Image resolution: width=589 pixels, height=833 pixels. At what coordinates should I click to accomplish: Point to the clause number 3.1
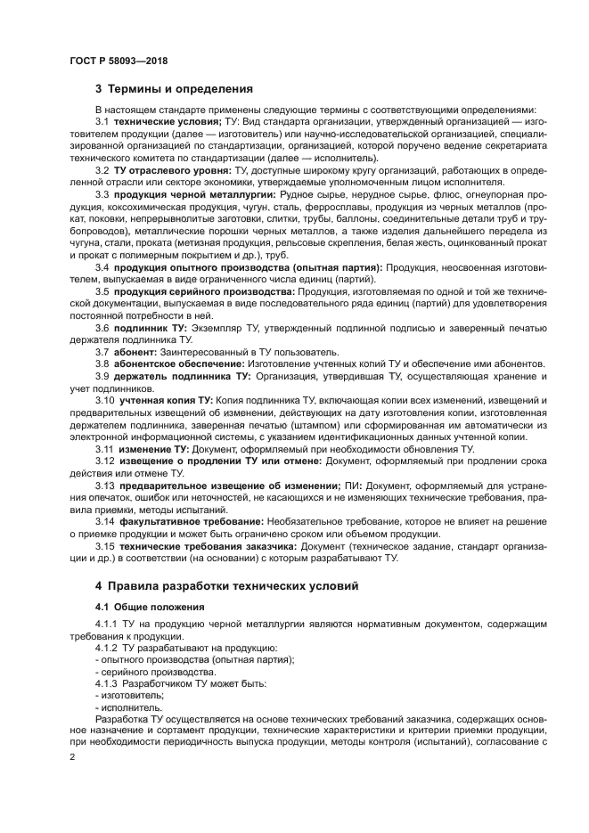tap(102, 121)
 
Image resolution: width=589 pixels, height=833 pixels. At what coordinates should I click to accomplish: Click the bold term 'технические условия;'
tap(159, 121)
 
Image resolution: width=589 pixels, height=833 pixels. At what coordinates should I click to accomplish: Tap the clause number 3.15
tap(105, 544)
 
